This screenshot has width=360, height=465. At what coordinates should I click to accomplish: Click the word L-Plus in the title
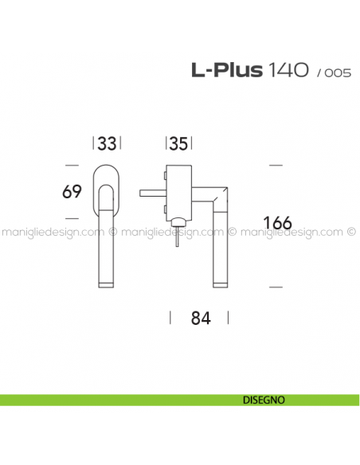(x=226, y=71)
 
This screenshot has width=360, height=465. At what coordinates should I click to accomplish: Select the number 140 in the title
(x=288, y=71)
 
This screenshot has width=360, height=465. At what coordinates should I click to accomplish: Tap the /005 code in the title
(x=334, y=72)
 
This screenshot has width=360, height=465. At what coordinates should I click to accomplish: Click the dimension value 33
(x=108, y=144)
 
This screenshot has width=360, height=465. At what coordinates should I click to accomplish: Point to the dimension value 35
(x=178, y=144)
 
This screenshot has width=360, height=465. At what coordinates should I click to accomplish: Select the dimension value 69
(x=72, y=192)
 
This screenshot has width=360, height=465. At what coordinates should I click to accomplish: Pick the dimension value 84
(x=200, y=318)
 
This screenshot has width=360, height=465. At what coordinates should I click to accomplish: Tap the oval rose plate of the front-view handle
(x=108, y=174)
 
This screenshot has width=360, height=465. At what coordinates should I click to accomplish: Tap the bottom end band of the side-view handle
(x=221, y=284)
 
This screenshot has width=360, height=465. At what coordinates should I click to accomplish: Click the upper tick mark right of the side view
(x=276, y=165)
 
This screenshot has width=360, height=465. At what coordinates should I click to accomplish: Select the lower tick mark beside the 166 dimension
(x=276, y=285)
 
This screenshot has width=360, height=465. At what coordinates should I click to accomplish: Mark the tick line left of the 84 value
(x=170, y=318)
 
